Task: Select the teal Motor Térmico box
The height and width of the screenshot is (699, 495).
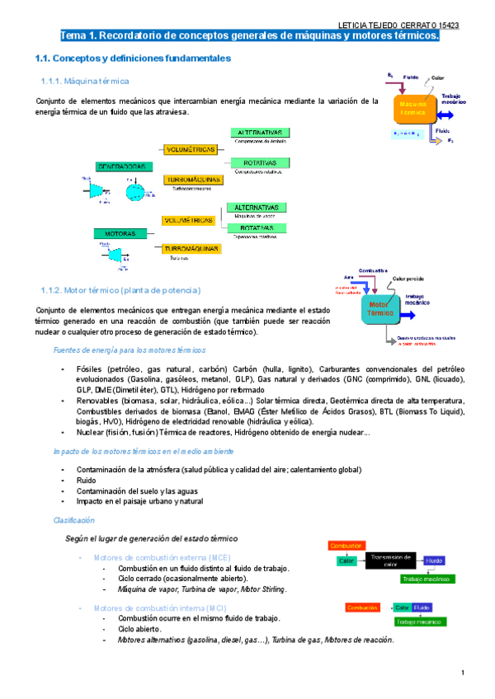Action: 381,309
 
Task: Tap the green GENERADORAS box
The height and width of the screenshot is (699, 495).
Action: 121,166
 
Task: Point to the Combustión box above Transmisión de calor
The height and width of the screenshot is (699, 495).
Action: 344,546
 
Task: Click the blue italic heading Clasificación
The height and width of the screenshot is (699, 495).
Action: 74,520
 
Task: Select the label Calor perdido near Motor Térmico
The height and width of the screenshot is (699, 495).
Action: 408,278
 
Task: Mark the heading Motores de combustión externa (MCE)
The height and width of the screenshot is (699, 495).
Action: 163,558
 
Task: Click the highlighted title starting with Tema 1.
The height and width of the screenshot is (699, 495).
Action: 249,36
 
